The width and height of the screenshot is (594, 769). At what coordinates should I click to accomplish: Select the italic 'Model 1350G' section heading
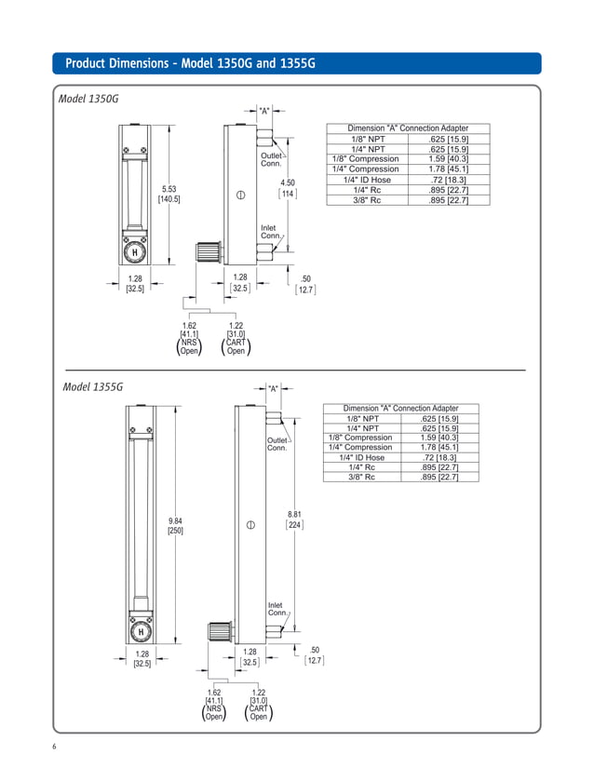(88, 98)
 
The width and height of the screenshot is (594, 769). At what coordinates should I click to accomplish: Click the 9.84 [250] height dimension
(175, 525)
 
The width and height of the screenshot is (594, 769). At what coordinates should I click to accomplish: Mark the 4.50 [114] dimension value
(288, 189)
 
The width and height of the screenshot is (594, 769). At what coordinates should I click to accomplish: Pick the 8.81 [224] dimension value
(294, 519)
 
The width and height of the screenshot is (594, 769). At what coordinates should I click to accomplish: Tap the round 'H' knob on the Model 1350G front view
(135, 251)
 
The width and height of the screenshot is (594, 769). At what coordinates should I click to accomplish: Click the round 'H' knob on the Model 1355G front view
(141, 632)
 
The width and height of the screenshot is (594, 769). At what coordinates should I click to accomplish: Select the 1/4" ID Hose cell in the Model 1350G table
(367, 180)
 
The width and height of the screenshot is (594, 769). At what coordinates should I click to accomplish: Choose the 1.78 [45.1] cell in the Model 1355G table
(436, 448)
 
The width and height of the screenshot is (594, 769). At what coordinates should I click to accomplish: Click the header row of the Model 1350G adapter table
(408, 128)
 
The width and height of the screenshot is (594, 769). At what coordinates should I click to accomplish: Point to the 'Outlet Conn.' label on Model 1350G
(271, 159)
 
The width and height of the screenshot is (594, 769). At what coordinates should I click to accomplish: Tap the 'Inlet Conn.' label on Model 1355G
(277, 609)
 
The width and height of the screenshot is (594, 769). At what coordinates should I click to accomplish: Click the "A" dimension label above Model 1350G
(264, 111)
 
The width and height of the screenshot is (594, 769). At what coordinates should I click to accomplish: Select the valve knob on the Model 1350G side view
(207, 251)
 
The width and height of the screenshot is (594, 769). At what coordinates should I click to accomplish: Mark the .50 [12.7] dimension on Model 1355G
(314, 654)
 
